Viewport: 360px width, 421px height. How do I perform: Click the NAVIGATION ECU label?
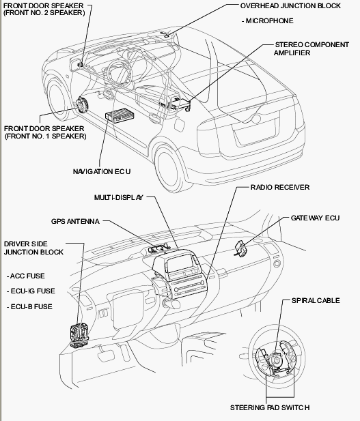pos(102,171)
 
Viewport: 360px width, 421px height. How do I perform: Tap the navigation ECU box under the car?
pos(120,114)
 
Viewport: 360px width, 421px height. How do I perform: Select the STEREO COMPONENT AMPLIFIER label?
pos(311,48)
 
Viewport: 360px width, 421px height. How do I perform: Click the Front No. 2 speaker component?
pos(80,64)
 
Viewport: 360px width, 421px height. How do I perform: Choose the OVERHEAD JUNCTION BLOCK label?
pos(290,6)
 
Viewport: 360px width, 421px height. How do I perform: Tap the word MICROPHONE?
pos(269,21)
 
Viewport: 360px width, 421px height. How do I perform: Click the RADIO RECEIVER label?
pos(280,187)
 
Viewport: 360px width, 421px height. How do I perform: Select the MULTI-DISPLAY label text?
pos(119,197)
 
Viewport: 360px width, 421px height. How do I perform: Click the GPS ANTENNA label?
pos(75,221)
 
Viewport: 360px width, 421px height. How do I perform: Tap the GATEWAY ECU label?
pos(315,218)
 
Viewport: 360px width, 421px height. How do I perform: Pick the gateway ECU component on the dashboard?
pos(241,249)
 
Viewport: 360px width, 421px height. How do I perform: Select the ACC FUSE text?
pos(27,276)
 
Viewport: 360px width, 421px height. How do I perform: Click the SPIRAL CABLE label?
pos(316,300)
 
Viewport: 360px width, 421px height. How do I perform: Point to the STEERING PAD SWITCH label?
pos(270,407)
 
